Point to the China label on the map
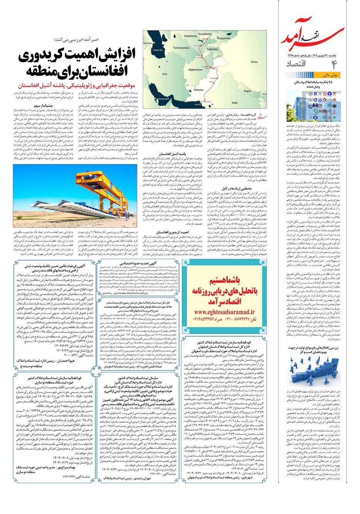click(x=254, y=62)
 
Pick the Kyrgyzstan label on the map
click(x=223, y=39)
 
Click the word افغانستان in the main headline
click(x=106, y=71)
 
